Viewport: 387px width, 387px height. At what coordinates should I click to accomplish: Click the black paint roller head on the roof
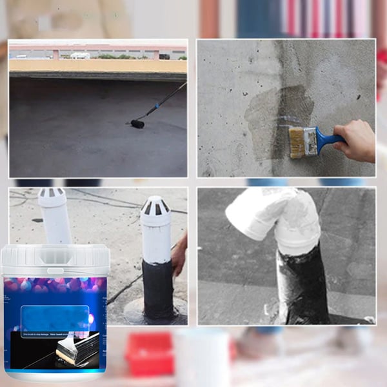pos(137,123)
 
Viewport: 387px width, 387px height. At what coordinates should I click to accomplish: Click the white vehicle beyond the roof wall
pos(81,55)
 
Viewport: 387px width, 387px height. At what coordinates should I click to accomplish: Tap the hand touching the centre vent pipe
pos(180,255)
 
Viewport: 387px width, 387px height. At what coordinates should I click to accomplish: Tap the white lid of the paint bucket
pos(55,258)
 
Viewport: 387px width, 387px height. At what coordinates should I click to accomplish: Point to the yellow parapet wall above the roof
pos(97,66)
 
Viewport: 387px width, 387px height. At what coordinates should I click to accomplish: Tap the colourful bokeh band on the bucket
pos(55,287)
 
